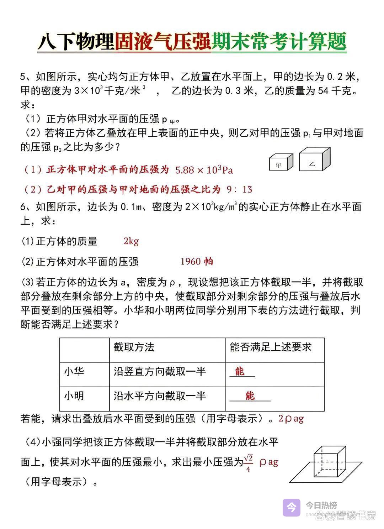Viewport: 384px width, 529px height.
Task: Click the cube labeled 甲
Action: (x=281, y=162)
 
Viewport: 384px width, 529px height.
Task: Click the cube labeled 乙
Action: (x=315, y=160)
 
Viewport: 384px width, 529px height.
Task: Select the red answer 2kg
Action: (x=131, y=241)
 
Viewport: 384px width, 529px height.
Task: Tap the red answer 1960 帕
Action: (x=197, y=262)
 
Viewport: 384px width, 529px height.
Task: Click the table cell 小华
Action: (x=74, y=372)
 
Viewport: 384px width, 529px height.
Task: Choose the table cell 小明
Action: (x=74, y=396)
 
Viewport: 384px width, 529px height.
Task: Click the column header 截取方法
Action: (x=134, y=347)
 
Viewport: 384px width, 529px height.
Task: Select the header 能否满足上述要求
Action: (x=271, y=347)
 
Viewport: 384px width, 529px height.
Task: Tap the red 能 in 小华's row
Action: (x=240, y=372)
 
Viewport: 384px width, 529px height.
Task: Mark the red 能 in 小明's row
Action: (x=250, y=396)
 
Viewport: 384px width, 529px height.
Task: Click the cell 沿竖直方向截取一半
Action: (x=160, y=372)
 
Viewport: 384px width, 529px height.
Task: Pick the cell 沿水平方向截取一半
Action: (x=160, y=396)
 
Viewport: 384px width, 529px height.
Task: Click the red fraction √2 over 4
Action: (x=248, y=463)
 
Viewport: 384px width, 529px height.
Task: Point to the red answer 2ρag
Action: (x=291, y=419)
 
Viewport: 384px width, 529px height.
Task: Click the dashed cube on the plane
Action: (x=329, y=462)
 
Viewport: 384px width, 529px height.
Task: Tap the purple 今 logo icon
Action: (x=292, y=507)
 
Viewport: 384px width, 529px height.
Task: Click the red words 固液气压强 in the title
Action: (x=163, y=42)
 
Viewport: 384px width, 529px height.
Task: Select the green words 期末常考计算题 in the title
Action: (x=279, y=42)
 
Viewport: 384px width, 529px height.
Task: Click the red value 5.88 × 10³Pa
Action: (x=204, y=170)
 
